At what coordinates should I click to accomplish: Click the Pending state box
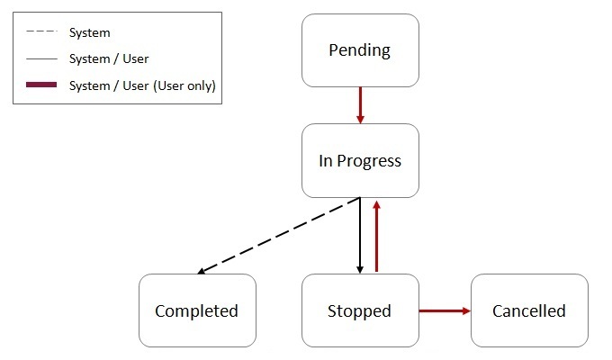(360, 50)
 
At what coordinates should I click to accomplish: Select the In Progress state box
(360, 161)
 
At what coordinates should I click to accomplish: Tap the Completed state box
(197, 310)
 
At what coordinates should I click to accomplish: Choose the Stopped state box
(360, 310)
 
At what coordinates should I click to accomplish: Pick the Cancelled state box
(529, 310)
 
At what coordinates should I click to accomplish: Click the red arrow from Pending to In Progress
(360, 104)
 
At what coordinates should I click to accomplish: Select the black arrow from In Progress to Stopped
(360, 236)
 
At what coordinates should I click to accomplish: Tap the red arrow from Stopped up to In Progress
(376, 236)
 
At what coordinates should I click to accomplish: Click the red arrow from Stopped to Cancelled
(445, 311)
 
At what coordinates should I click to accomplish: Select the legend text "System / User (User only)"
(142, 85)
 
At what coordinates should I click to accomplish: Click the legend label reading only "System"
(90, 33)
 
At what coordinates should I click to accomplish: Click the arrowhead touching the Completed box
(202, 270)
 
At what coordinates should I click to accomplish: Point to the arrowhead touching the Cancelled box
(465, 311)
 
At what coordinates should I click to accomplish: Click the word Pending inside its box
(360, 50)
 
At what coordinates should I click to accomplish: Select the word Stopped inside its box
(360, 311)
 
